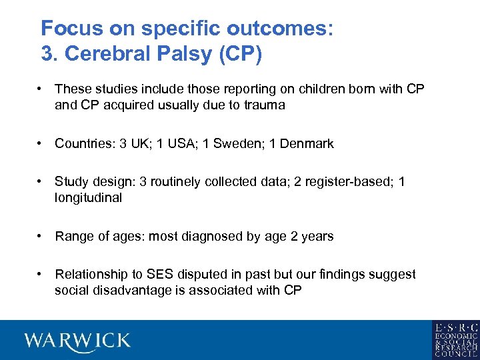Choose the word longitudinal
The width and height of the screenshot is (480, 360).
click(88, 198)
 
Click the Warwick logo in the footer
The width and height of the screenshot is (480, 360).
click(77, 341)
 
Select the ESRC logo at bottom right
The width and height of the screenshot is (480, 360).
click(455, 340)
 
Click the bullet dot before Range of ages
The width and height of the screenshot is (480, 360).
click(41, 236)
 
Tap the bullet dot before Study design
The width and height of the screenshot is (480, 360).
click(41, 182)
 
